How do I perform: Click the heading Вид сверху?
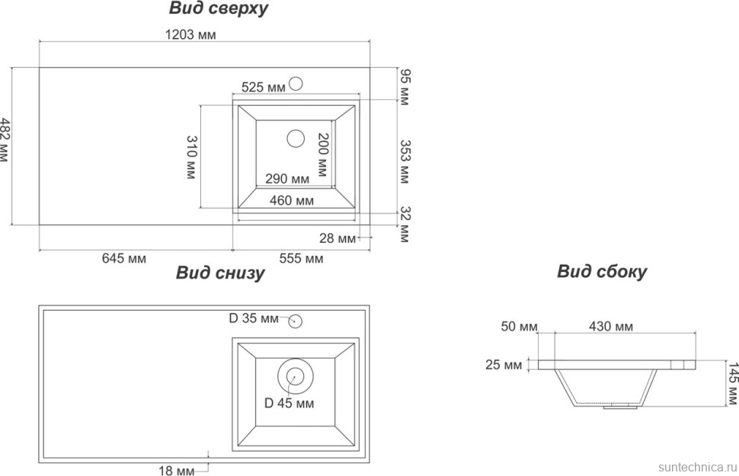(218, 9)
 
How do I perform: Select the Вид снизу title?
(220, 273)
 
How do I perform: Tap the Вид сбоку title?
(601, 271)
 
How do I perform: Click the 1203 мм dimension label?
(190, 34)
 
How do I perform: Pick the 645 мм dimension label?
(123, 258)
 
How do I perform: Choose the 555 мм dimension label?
(301, 258)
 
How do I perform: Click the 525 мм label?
(263, 88)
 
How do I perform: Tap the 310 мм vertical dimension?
(192, 157)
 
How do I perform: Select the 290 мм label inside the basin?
(287, 179)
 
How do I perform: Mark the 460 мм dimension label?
(293, 201)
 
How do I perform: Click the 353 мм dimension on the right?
(405, 161)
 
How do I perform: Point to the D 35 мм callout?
(254, 318)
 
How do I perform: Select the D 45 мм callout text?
(289, 403)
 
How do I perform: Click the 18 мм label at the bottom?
(176, 471)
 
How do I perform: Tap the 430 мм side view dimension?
(611, 327)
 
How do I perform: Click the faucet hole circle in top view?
(296, 84)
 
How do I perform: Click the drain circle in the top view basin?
(295, 139)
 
